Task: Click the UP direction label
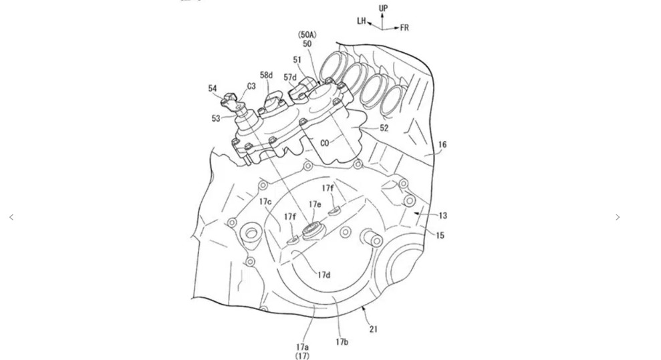pyautogui.click(x=383, y=8)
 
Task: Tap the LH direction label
pyautogui.click(x=362, y=20)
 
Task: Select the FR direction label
pyautogui.click(x=404, y=28)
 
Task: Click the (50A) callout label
pyautogui.click(x=307, y=35)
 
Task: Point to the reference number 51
pyautogui.click(x=297, y=60)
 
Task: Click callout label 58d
pyautogui.click(x=267, y=75)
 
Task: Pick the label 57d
pyautogui.click(x=290, y=77)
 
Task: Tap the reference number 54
pyautogui.click(x=213, y=88)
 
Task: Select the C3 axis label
pyautogui.click(x=251, y=86)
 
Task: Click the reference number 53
pyautogui.click(x=216, y=118)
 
